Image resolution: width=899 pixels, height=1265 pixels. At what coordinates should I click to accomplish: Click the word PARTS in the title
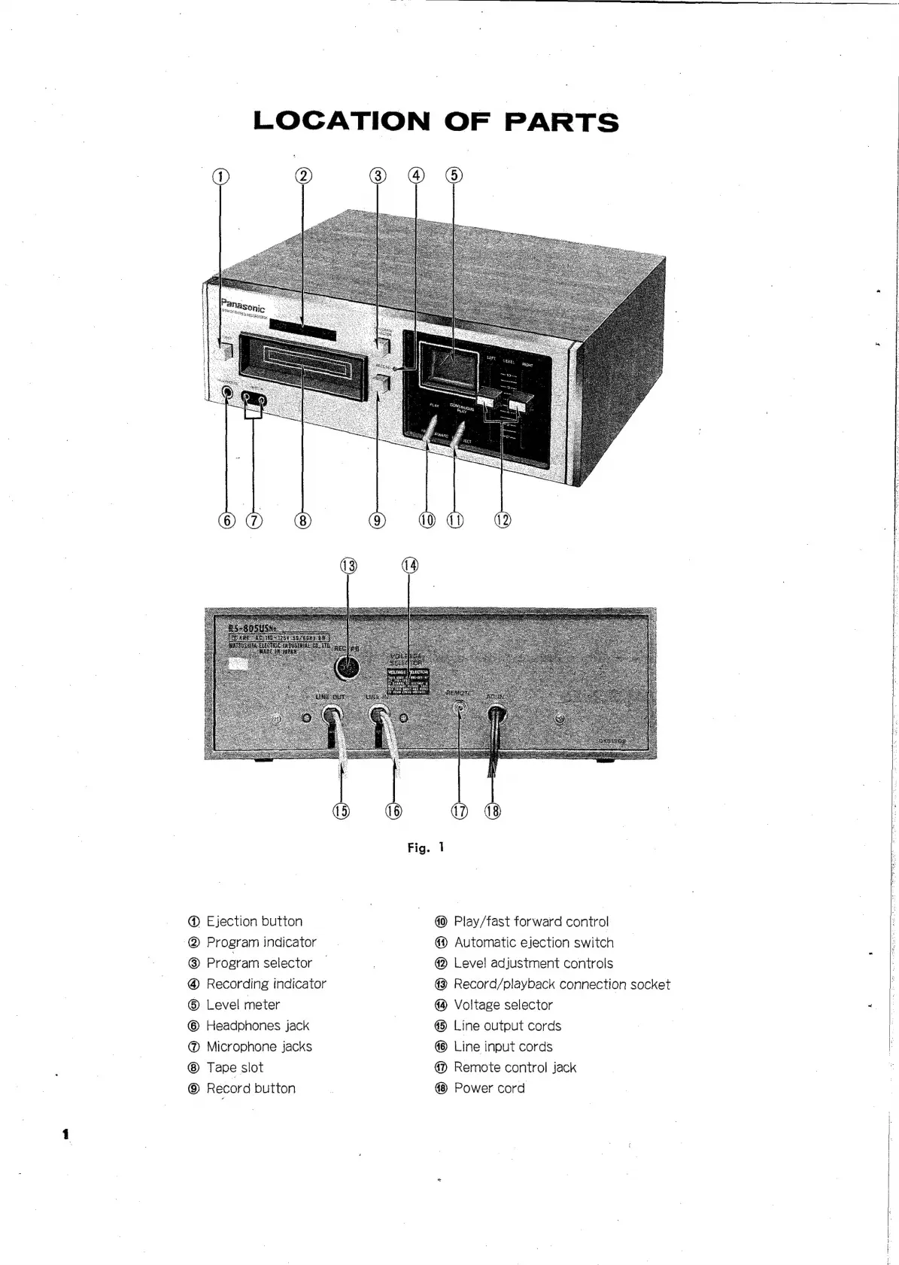[561, 122]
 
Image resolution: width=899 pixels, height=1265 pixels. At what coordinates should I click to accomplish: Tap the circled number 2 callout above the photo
[302, 176]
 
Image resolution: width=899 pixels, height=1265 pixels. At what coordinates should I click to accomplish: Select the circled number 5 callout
[454, 176]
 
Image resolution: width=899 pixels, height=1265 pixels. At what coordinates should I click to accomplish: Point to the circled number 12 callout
[502, 520]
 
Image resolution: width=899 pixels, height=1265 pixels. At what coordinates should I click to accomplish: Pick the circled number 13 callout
[348, 566]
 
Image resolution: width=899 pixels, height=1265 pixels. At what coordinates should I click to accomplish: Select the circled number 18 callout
[492, 810]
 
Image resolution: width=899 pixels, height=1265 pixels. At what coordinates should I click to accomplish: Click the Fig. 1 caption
[426, 847]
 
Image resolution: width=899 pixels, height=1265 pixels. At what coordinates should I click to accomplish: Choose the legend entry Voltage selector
[503, 1005]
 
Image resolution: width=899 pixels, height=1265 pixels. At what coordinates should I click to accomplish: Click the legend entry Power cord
[489, 1088]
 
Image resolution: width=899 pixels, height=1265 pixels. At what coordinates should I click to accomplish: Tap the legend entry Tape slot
[235, 1067]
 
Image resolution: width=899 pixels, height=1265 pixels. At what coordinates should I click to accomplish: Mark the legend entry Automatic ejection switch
[533, 942]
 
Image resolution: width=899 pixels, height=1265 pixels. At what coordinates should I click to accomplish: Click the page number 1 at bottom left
[66, 1133]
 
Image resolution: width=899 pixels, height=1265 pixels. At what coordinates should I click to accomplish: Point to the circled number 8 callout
[302, 520]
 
